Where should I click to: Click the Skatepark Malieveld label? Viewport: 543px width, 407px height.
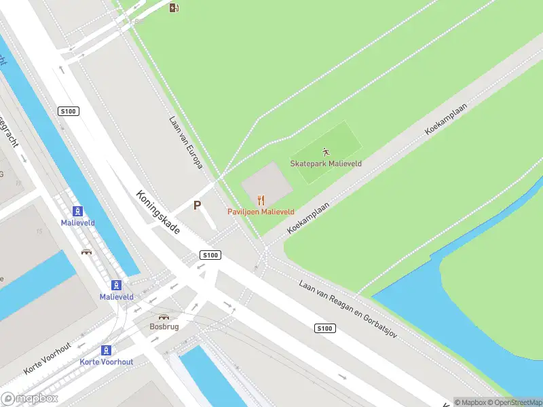[x=326, y=163]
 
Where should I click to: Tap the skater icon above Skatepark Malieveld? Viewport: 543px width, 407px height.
[x=326, y=151]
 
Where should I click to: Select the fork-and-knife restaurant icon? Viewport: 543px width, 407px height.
[x=261, y=200]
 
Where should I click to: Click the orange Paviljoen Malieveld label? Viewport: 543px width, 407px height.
[x=261, y=212]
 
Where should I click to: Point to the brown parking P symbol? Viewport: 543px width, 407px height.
[x=198, y=206]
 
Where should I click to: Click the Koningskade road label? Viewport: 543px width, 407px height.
[x=158, y=212]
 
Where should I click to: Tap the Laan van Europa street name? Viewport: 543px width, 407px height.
[x=185, y=142]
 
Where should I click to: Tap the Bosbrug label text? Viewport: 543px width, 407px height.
[x=164, y=326]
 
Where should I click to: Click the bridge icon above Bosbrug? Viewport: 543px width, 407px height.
[x=164, y=316]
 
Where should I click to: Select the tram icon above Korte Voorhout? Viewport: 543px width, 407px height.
[x=106, y=350]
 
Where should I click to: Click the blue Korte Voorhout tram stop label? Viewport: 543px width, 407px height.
[x=107, y=362]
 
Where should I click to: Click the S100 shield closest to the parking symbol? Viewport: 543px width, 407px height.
[x=210, y=255]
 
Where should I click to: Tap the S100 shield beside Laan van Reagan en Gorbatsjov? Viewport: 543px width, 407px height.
[x=325, y=328]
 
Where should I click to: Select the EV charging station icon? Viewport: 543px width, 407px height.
[x=174, y=7]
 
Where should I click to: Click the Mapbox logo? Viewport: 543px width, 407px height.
[x=30, y=399]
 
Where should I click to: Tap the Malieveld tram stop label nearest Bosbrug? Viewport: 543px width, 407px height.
[x=116, y=297]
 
